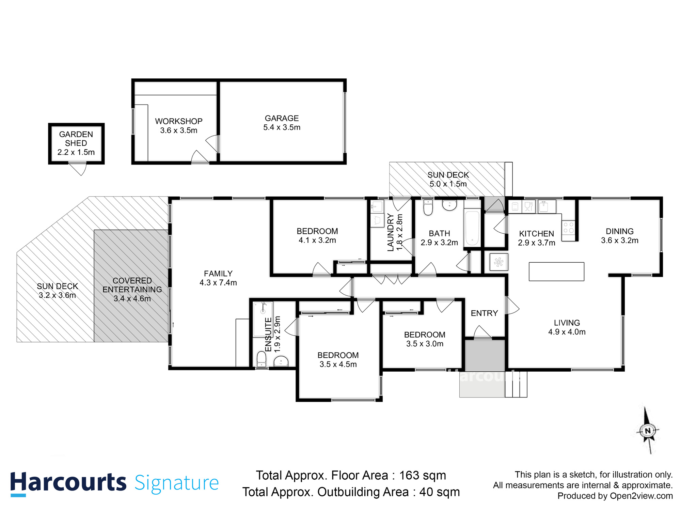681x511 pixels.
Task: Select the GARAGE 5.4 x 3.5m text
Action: pos(282,123)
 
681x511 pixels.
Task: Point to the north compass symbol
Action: pos(648,431)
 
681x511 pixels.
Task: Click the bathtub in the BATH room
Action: pos(472,228)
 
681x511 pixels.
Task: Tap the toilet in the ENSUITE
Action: pos(262,358)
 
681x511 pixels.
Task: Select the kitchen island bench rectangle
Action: pos(556,272)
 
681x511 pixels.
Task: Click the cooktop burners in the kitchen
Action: pos(568,228)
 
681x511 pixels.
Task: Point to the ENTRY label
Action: pos(484,313)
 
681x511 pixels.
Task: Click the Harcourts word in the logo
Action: pos(68,483)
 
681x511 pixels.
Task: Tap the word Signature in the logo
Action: pos(176,483)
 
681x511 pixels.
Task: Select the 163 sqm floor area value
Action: pos(422,475)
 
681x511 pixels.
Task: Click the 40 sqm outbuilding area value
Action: pos(439,492)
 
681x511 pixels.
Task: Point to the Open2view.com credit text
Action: pos(641,496)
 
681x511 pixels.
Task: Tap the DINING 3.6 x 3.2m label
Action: pos(619,236)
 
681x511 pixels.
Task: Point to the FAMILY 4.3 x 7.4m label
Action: pos(218,278)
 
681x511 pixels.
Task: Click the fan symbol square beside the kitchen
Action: pos(498,262)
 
